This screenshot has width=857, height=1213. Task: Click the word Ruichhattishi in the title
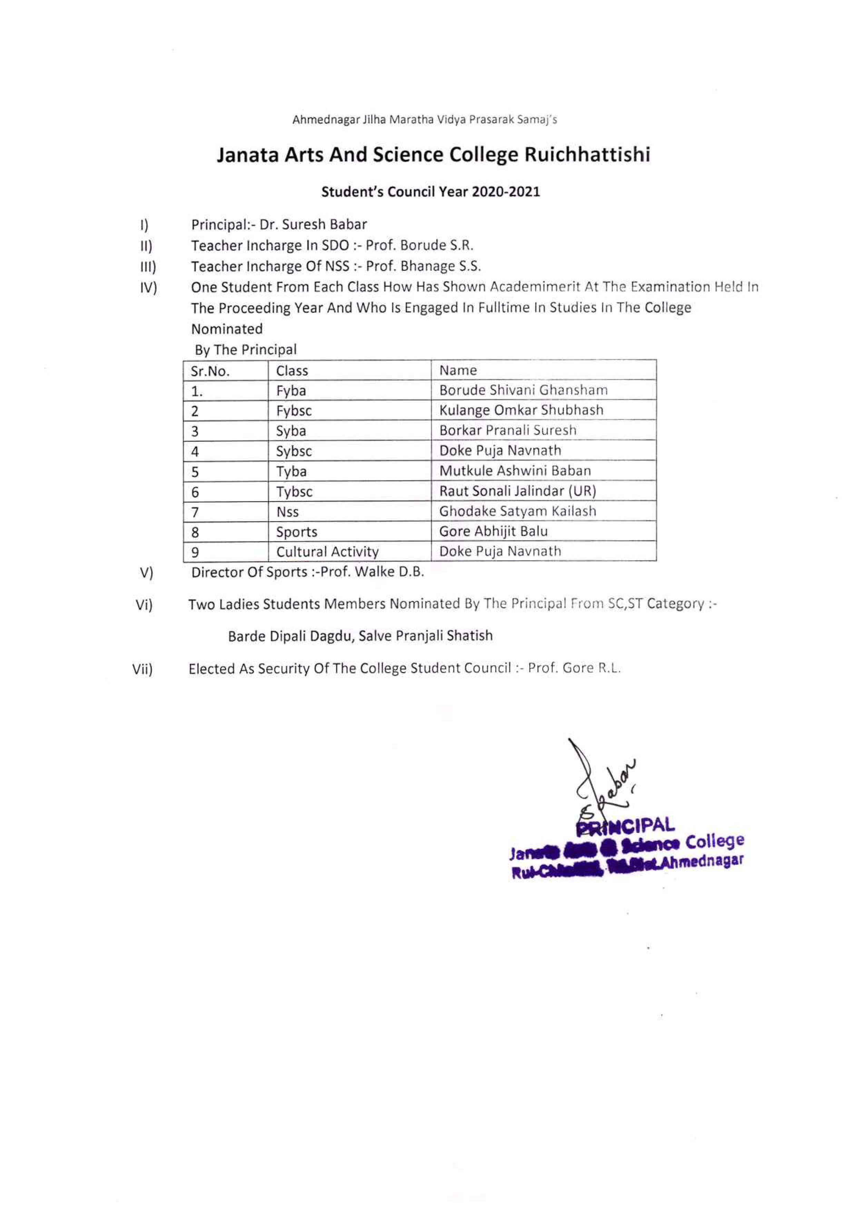(587, 155)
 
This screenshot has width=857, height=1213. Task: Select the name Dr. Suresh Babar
(313, 225)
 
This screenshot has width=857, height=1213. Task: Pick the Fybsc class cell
(294, 411)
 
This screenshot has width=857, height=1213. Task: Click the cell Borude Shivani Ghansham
(523, 390)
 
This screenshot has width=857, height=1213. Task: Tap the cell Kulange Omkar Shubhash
(521, 410)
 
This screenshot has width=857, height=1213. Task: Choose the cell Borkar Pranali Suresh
(507, 430)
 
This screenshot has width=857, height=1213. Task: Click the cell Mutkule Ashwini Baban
(515, 471)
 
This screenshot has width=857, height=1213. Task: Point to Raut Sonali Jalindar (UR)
(517, 491)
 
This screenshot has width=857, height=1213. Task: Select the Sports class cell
(296, 532)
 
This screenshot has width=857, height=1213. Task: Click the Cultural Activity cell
(327, 552)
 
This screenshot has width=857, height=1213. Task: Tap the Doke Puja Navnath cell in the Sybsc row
(500, 451)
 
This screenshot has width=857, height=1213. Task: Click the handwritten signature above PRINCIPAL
(602, 782)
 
